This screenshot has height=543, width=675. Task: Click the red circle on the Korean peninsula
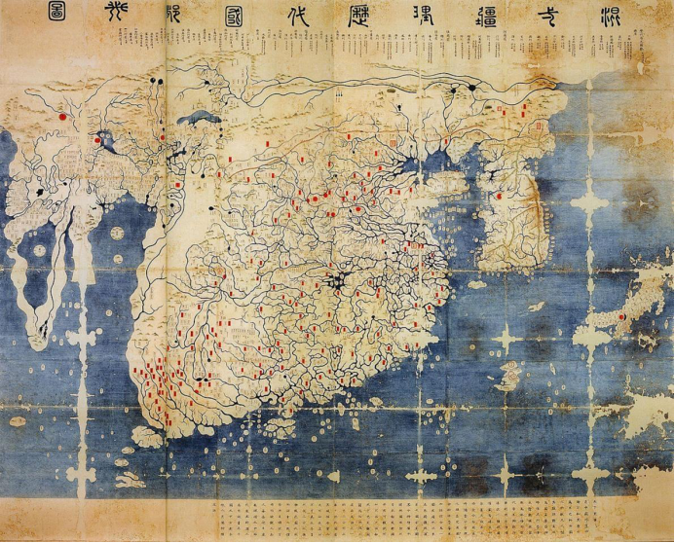498,195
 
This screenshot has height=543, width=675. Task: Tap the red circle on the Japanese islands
621,315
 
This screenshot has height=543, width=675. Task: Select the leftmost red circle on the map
61,115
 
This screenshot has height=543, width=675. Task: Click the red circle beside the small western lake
96,140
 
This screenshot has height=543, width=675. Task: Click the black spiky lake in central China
336,281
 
